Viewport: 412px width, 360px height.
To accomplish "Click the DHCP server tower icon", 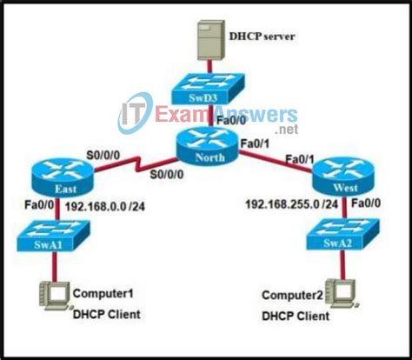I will [x=208, y=39].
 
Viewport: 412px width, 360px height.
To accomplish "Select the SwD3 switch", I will [x=208, y=88].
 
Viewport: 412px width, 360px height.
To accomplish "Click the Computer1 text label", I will [x=105, y=294].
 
